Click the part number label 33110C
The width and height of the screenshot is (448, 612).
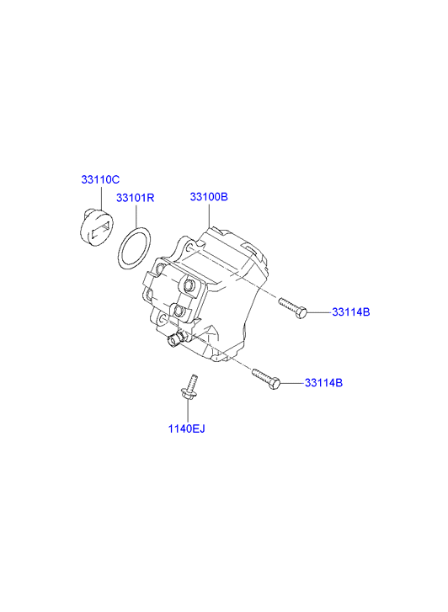tap(100, 179)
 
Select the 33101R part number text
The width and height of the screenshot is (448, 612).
tap(135, 198)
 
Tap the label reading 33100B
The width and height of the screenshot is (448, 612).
tap(209, 197)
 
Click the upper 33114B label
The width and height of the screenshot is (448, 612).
tap(351, 312)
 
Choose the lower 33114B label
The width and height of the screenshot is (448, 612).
tap(324, 383)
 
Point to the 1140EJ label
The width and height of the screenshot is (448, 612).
tap(186, 428)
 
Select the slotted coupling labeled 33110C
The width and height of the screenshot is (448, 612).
tap(96, 228)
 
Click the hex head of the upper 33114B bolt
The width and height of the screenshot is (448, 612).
tap(301, 312)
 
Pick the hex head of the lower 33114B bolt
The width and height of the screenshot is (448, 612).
tap(275, 383)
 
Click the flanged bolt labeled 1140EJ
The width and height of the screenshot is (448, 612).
tap(189, 387)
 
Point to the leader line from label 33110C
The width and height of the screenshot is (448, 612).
tap(101, 199)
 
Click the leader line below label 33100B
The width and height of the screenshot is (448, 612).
tap(210, 215)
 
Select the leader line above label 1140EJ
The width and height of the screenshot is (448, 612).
tap(188, 412)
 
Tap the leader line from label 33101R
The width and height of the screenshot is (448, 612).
tap(136, 215)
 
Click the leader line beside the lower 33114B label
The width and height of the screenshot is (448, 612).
tap(292, 383)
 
